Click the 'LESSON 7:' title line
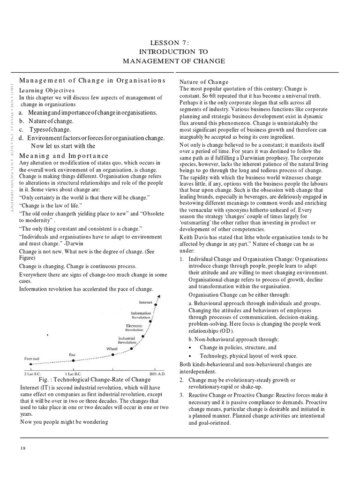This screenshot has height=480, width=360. pyautogui.click(x=174, y=43)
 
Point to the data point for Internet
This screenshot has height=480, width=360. pyautogui.click(x=156, y=305)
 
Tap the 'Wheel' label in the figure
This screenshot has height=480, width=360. pyautogui.click(x=112, y=349)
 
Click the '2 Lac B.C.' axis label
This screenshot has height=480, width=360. pyautogui.click(x=32, y=374)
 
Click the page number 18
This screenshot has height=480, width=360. pyautogui.click(x=23, y=448)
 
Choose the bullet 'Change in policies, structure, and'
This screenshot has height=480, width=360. pyautogui.click(x=238, y=347)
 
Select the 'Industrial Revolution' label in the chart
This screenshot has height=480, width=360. pyautogui.click(x=127, y=340)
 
